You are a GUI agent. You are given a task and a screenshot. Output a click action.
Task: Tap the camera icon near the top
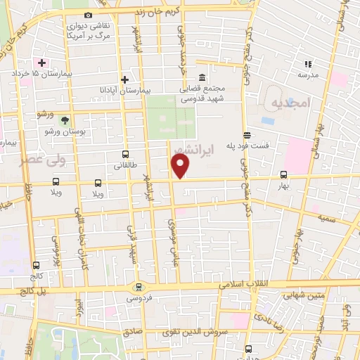pyautogui.click(x=88, y=15)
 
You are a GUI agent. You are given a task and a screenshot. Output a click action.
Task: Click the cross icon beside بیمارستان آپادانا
pyautogui.click(x=124, y=79)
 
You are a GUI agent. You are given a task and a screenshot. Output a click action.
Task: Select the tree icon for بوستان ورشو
pyautogui.click(x=65, y=121)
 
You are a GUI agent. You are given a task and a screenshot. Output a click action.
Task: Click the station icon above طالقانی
pyautogui.click(x=125, y=154)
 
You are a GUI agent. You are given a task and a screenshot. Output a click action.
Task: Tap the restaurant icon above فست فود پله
pyautogui.click(x=246, y=134)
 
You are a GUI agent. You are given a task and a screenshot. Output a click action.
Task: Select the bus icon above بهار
pyautogui.click(x=283, y=175)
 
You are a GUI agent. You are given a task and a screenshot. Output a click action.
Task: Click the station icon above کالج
pyautogui.click(x=36, y=266)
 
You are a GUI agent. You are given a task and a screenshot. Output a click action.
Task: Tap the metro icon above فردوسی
pyautogui.click(x=138, y=286)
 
